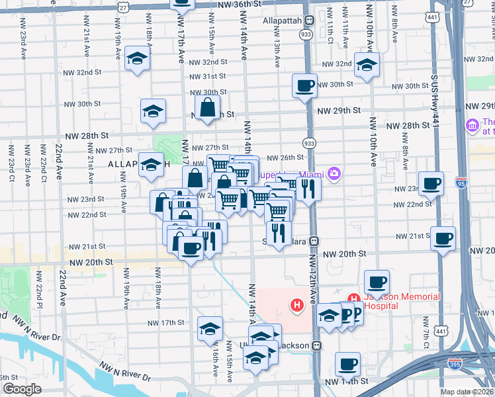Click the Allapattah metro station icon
[x=308, y=21]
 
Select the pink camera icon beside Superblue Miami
[x=336, y=173]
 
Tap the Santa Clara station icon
[x=316, y=242]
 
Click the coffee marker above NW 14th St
[x=347, y=364]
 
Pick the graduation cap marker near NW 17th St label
[x=210, y=328]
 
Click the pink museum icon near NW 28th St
[x=472, y=125]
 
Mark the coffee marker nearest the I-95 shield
[x=431, y=185]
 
